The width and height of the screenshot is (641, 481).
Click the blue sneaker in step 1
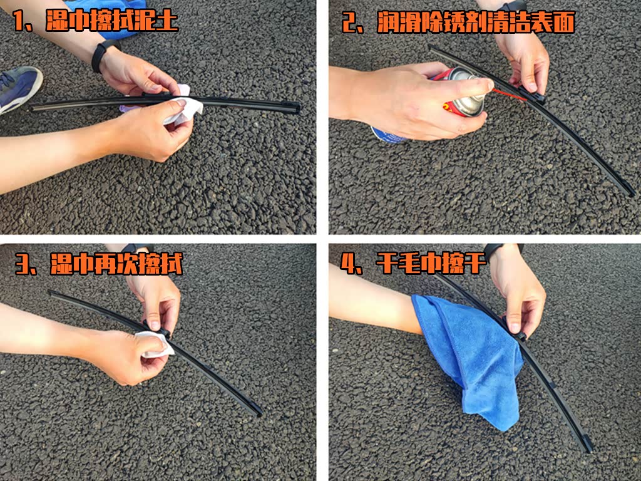pos(18,88)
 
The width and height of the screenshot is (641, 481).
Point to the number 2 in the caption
pos(349,23)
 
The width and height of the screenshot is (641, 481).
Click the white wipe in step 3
pos(155,344)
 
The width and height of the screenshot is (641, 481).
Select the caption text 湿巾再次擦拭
pos(116,264)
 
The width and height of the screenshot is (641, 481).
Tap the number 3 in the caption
pos(23,264)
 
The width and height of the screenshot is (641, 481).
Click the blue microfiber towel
pos(470,356)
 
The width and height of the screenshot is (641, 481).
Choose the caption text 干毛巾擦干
pos(431,262)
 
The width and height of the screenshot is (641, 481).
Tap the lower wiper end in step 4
pos(587,445)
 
